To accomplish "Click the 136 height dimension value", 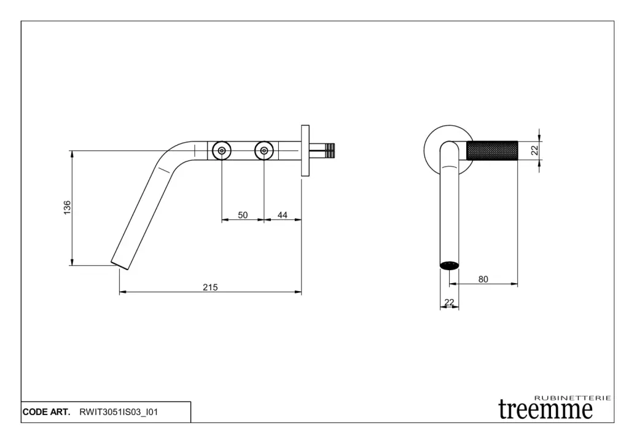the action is click(x=67, y=208).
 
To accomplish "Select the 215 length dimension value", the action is click(x=210, y=287).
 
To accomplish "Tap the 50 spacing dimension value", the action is click(x=243, y=215).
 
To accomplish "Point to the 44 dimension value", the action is click(x=283, y=215).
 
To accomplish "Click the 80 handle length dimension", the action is click(x=483, y=279).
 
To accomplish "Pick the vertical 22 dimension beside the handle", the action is click(x=534, y=150).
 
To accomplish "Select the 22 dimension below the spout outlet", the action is click(x=449, y=302).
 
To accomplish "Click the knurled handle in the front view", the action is click(x=492, y=150).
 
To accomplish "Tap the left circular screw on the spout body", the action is click(x=222, y=151).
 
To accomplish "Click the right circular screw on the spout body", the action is click(x=264, y=151).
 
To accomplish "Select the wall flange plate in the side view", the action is click(x=305, y=150).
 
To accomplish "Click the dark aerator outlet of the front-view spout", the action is click(x=449, y=265).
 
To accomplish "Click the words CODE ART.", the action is click(x=46, y=412).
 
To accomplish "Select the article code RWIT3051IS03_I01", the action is click(x=119, y=412).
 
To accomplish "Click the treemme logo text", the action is click(x=545, y=410).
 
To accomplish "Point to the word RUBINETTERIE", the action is click(x=572, y=398).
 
